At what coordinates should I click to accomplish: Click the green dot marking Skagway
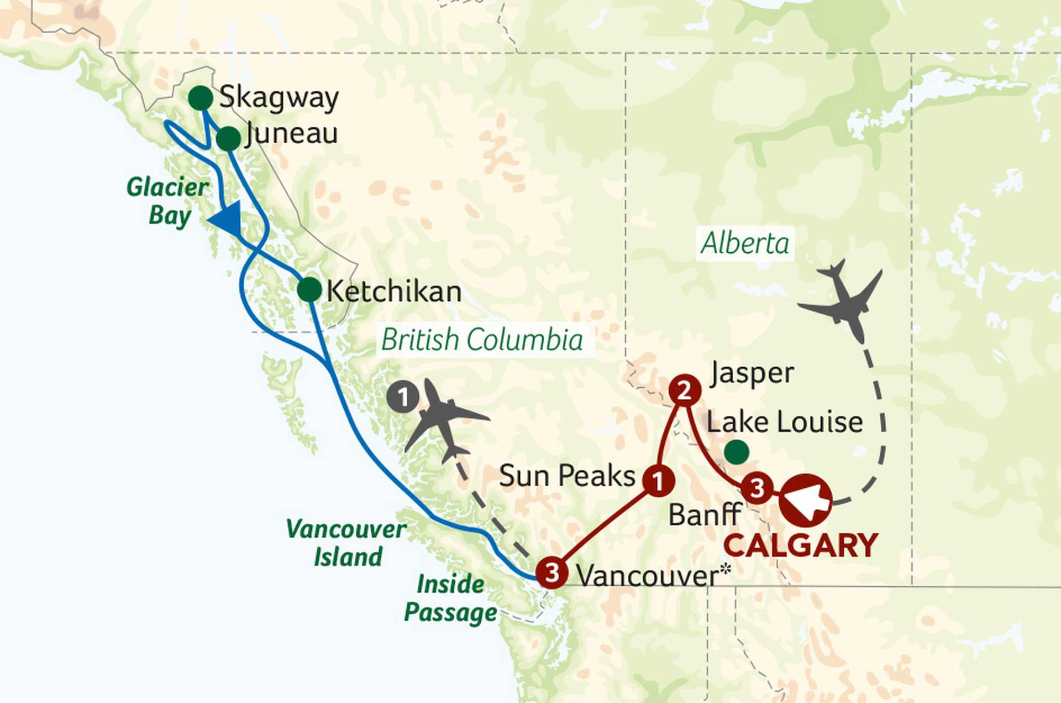tap(201, 98)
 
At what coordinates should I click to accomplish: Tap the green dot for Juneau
tap(228, 138)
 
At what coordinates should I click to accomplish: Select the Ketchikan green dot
tap(309, 289)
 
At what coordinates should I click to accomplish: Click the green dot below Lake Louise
tap(736, 452)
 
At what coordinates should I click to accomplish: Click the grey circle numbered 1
tap(402, 397)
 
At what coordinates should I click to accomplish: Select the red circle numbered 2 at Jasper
tap(685, 391)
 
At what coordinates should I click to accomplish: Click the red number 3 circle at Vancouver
tap(552, 572)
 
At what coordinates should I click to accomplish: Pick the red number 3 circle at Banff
tap(756, 488)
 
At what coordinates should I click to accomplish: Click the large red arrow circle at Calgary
tap(806, 500)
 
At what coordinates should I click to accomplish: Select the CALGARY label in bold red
tap(801, 545)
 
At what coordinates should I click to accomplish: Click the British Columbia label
tap(482, 340)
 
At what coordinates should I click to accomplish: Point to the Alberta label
tap(745, 243)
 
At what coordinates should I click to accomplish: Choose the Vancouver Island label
tap(347, 543)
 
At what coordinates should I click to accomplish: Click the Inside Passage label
tap(450, 598)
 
